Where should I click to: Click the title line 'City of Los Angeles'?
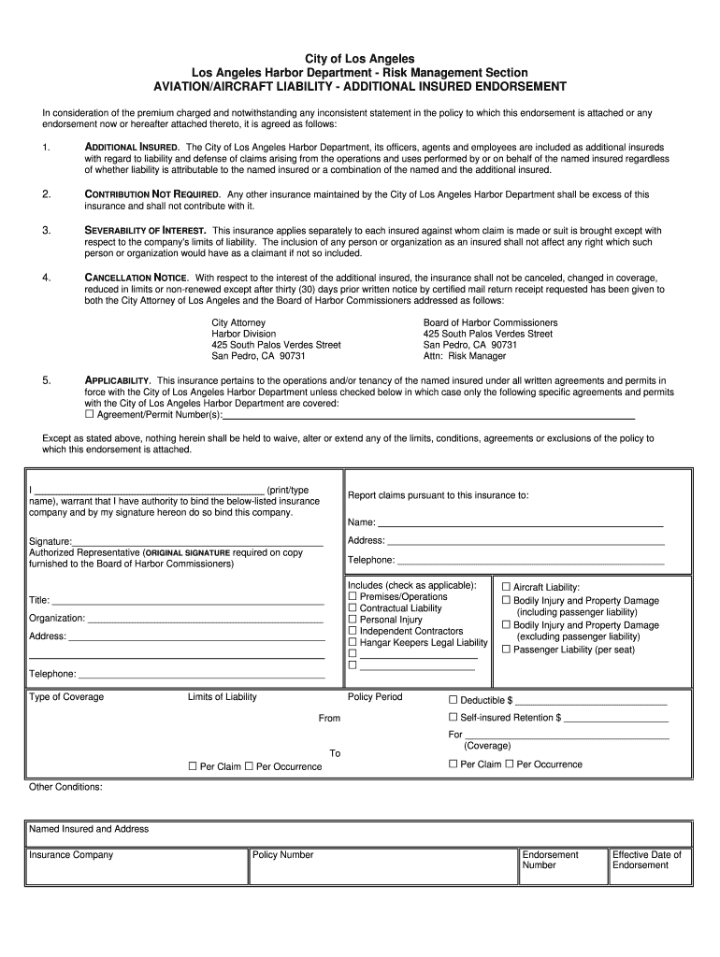[x=360, y=59]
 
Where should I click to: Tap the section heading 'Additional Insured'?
[x=132, y=148]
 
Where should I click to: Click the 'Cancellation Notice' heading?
[x=137, y=278]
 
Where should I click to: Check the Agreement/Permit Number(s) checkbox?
[x=90, y=414]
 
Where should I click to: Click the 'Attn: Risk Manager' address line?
[x=465, y=356]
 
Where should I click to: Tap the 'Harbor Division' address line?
[x=244, y=334]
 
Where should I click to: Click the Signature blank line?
[x=198, y=541]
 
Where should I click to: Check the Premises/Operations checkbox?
[x=353, y=597]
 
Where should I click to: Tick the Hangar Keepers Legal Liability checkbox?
[x=353, y=643]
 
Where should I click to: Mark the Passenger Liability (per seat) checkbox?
[x=507, y=650]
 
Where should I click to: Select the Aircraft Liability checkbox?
[x=507, y=587]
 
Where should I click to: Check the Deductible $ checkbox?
[x=454, y=700]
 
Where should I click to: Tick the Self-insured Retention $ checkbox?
[x=454, y=718]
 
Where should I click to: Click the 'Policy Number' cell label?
[x=283, y=855]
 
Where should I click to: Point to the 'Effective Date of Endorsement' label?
[x=647, y=860]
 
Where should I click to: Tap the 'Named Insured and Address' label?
[x=89, y=829]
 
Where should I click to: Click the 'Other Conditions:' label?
[x=65, y=787]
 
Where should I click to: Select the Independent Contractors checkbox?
[x=353, y=632]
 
